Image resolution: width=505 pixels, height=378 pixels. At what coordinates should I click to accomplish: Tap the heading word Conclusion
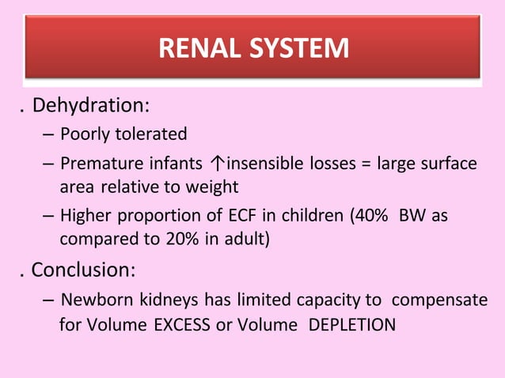pos(83,270)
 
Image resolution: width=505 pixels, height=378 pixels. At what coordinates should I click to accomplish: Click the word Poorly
pos(85,134)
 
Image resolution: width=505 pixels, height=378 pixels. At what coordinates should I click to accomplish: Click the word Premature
pos(97,164)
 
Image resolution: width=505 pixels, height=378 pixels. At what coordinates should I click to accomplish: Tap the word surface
pos(449,164)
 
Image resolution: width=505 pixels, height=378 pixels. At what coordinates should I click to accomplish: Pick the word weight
pos(212,187)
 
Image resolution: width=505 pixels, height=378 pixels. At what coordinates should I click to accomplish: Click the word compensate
pos(440,301)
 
